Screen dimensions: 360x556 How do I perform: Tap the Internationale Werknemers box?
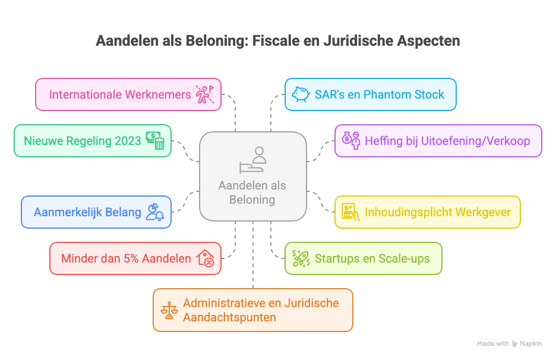point(128,94)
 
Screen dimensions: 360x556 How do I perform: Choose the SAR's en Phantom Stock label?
point(379,94)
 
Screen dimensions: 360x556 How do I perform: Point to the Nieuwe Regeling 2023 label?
point(83,141)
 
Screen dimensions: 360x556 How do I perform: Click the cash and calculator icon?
point(155,141)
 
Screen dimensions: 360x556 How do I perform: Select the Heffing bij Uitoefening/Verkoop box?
point(438,141)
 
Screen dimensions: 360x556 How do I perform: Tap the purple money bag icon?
point(350,141)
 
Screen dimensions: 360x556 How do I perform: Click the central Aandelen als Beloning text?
point(252,192)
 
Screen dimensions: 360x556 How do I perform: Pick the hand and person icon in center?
point(252,159)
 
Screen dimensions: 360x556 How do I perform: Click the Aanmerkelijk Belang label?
point(87,212)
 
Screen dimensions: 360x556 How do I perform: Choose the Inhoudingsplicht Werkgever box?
point(428,212)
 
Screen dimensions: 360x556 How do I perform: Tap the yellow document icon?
point(350,212)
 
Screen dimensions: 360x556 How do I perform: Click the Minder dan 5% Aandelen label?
point(126,258)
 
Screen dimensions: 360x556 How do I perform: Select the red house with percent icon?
point(205,258)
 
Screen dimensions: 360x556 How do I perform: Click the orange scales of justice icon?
point(169,310)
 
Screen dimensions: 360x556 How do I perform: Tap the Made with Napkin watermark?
point(509,343)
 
